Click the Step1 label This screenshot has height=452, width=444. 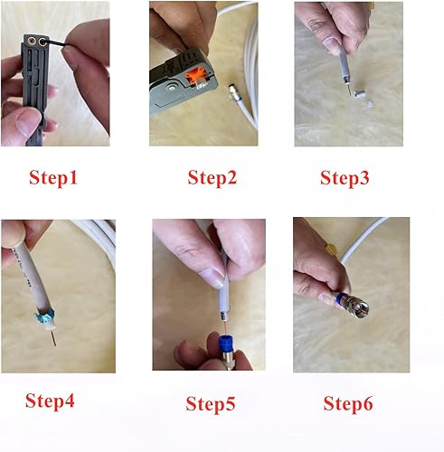54,178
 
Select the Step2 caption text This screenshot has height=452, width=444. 212,178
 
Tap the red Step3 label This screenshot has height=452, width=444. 345,178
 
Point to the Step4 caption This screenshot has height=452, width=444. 50,400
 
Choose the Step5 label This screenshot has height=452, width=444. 211,402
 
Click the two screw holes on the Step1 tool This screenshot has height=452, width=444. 38,41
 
